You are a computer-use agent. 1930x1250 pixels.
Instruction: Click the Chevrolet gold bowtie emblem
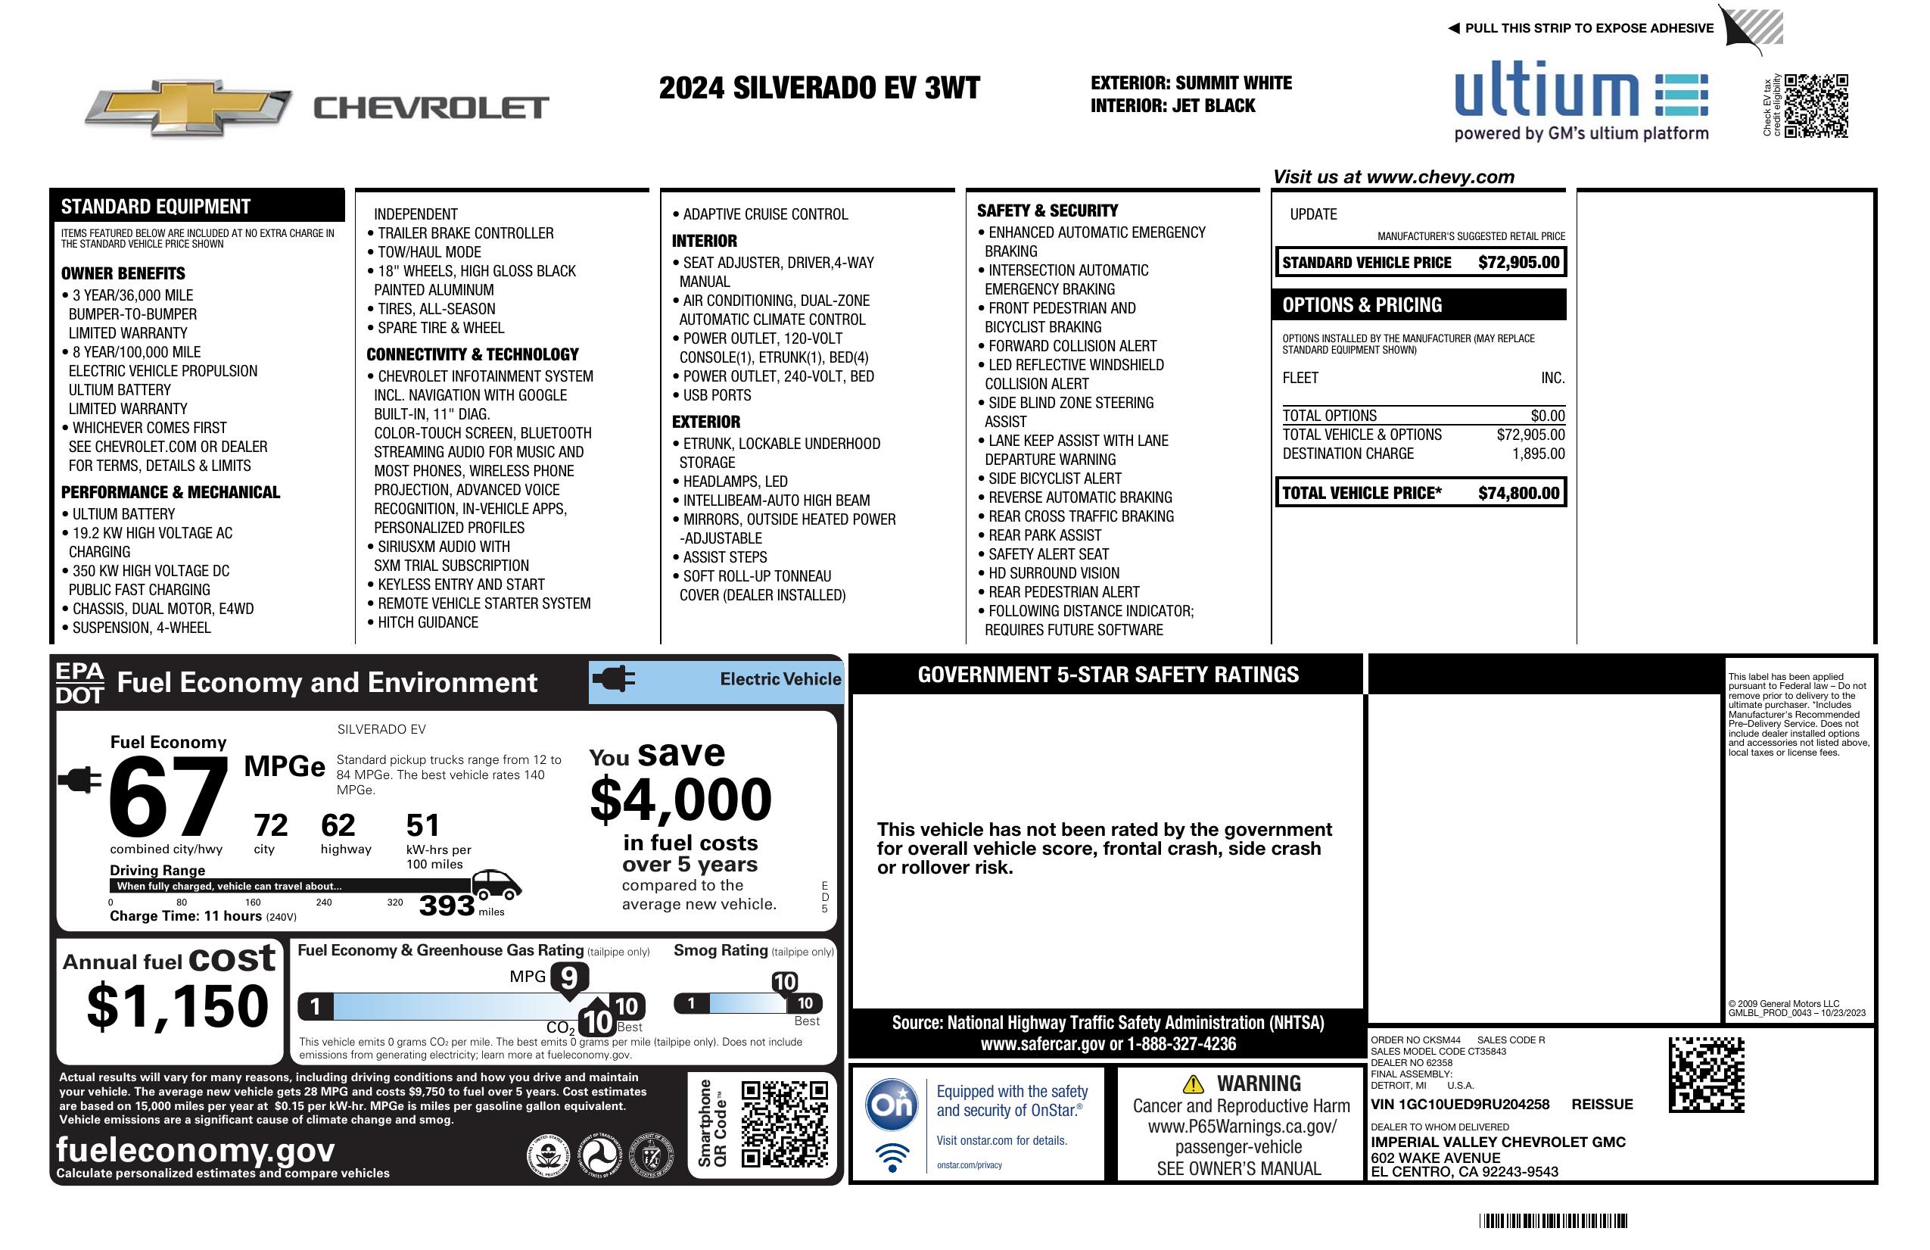click(x=188, y=107)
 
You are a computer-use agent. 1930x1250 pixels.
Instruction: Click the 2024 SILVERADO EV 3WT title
click(x=819, y=88)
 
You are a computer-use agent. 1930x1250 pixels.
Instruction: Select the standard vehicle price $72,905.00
click(x=1518, y=262)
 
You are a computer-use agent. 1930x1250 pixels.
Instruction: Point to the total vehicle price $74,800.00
click(x=1518, y=493)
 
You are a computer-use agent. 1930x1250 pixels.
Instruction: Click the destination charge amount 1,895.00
click(x=1537, y=454)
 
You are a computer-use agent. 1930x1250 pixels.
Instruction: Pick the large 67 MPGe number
click(x=168, y=797)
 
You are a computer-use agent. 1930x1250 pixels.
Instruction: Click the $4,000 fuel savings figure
click(x=681, y=800)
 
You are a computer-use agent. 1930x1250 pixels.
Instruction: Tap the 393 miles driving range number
click(x=446, y=906)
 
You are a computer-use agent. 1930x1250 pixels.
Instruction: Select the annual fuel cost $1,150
click(x=178, y=1006)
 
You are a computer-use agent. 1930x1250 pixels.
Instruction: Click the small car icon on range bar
click(x=496, y=884)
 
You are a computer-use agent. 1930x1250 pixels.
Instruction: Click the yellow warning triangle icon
click(x=1192, y=1083)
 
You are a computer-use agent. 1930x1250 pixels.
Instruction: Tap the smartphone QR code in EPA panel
click(x=784, y=1124)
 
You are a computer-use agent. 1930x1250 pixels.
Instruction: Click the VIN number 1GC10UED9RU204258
click(x=1460, y=1104)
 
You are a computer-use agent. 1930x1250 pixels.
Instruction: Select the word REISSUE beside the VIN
click(x=1602, y=1104)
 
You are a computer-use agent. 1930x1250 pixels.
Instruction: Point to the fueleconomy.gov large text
click(x=195, y=1149)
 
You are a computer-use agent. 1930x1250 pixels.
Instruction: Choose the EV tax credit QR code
click(x=1816, y=105)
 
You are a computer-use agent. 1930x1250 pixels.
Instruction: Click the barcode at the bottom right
click(x=1552, y=1220)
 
